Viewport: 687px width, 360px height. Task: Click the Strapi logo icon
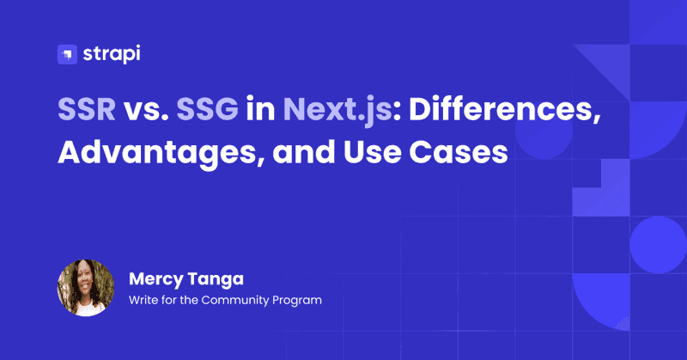pyautogui.click(x=67, y=54)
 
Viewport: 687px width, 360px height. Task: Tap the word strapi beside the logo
pyautogui.click(x=112, y=54)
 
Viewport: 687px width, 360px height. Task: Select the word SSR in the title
pyautogui.click(x=87, y=109)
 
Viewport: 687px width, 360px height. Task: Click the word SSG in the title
pyautogui.click(x=207, y=109)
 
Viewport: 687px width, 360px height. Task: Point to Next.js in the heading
pyautogui.click(x=337, y=110)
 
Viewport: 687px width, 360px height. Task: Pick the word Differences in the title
pyautogui.click(x=504, y=110)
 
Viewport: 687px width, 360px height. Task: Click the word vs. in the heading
pyautogui.click(x=146, y=110)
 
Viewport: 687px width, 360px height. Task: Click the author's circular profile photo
pyautogui.click(x=86, y=288)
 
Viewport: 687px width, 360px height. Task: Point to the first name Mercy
pyautogui.click(x=156, y=280)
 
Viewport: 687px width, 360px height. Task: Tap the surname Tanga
pyautogui.click(x=216, y=280)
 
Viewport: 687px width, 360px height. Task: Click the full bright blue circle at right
pyautogui.click(x=658, y=245)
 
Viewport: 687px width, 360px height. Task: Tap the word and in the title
pyautogui.click(x=304, y=152)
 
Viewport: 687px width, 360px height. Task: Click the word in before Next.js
pyautogui.click(x=260, y=109)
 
